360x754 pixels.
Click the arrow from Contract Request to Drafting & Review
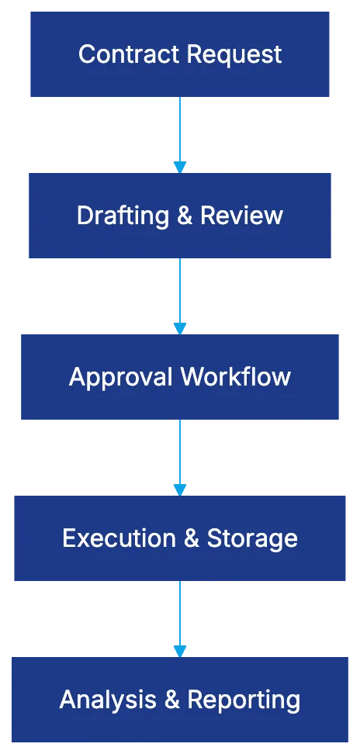coord(180,133)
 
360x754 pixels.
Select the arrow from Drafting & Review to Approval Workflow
coord(180,295)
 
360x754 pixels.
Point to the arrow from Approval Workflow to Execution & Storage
coord(180,456)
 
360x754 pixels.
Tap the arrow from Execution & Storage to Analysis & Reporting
coord(180,617)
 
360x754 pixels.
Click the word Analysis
coord(108,700)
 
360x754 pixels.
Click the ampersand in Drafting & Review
coord(184,216)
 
